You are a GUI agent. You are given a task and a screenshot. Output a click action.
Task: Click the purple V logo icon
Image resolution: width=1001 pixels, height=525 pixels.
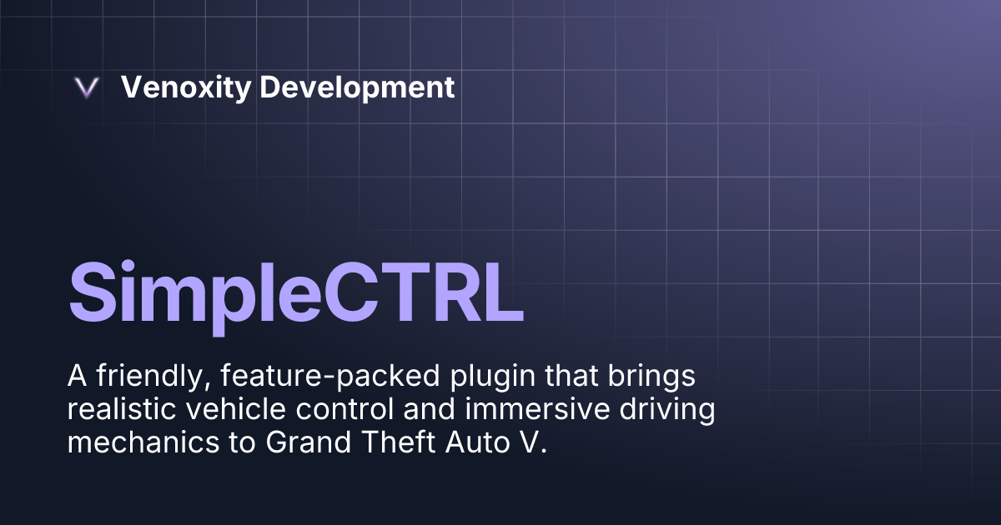pyautogui.click(x=87, y=88)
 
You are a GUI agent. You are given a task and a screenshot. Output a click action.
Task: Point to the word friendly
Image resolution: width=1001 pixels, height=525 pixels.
pyautogui.click(x=147, y=377)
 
